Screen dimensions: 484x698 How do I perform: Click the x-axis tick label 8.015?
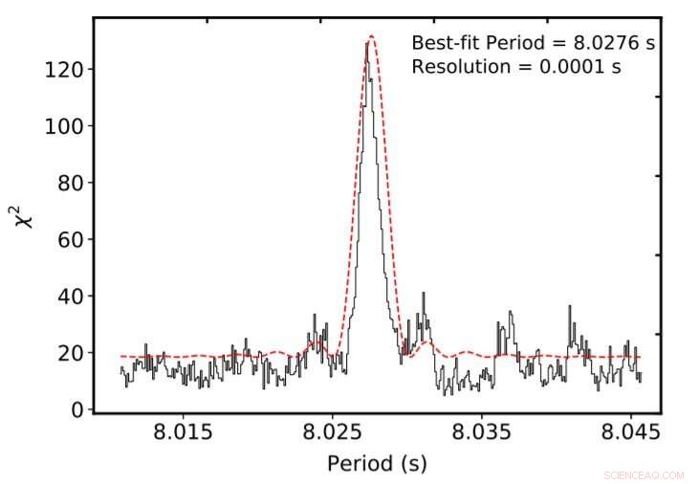(x=183, y=432)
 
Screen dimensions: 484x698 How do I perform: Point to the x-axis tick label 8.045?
(x=631, y=432)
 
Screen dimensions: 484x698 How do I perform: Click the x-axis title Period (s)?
(x=377, y=464)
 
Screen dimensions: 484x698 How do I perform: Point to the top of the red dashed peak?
(x=370, y=36)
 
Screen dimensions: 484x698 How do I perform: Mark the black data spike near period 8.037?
(x=511, y=312)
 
